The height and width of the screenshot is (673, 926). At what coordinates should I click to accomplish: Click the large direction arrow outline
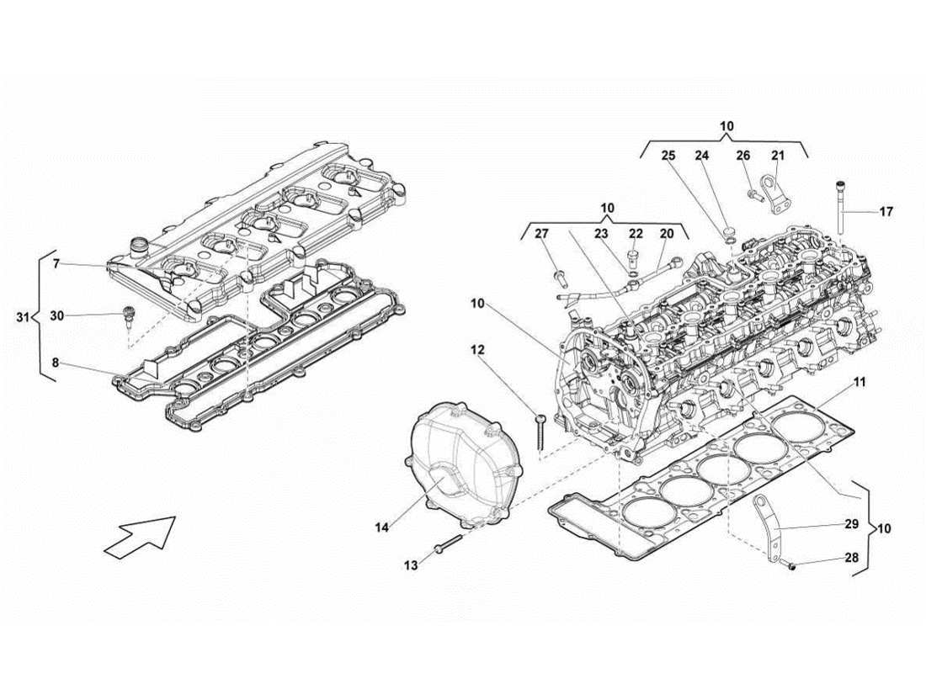(x=140, y=536)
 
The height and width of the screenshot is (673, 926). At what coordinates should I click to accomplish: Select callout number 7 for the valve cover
(x=56, y=264)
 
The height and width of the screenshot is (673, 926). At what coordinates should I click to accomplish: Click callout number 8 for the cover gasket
(x=56, y=363)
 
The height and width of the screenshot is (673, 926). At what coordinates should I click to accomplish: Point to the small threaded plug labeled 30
(x=129, y=320)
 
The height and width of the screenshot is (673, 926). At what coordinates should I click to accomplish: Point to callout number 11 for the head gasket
(x=859, y=382)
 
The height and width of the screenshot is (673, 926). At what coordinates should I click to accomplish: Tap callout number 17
(x=886, y=212)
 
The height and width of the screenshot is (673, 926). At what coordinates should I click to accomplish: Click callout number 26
(x=742, y=156)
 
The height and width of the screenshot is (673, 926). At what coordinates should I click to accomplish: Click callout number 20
(x=667, y=233)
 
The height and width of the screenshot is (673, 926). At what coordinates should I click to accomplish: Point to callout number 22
(x=636, y=233)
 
